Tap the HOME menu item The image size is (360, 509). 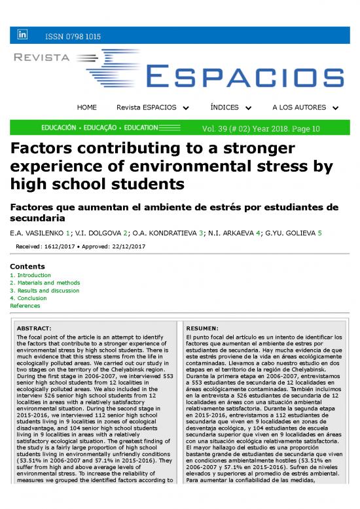tap(86, 107)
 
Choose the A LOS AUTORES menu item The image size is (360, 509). tap(305, 107)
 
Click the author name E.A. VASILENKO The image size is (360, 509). tap(38, 233)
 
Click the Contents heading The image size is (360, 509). tap(27, 267)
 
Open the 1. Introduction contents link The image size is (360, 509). tap(32, 275)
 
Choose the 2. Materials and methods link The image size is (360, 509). tap(45, 283)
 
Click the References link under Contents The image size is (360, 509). tap(26, 305)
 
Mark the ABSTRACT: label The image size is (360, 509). tap(34, 328)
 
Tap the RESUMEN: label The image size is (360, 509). tap(202, 328)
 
